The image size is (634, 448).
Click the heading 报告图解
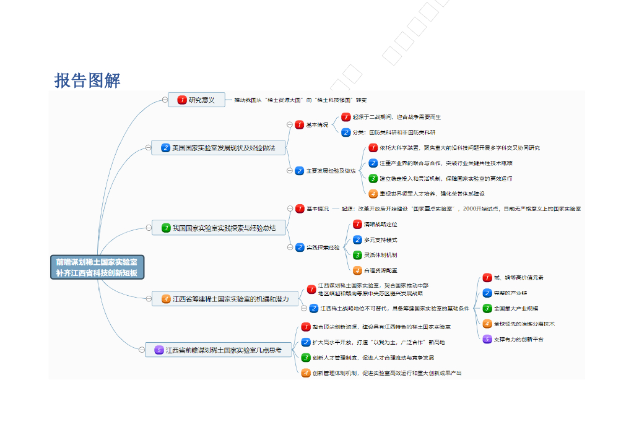tap(87, 80)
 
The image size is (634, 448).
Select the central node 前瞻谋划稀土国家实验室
tap(97, 267)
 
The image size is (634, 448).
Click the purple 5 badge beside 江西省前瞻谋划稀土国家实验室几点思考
tap(159, 350)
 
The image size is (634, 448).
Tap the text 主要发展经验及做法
tap(331, 171)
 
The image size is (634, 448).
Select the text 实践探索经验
tap(323, 248)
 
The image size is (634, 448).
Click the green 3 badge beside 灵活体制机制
tap(357, 255)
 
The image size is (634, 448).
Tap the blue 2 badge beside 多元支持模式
tap(357, 240)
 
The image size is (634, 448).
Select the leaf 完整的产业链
tap(510, 293)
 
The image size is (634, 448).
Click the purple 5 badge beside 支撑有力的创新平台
tap(487, 339)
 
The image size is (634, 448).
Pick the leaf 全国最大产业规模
tap(515, 308)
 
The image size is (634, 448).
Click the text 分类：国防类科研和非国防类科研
tap(402, 132)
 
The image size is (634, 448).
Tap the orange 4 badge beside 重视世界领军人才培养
tap(373, 194)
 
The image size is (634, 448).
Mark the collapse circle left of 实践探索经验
tap(290, 248)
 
